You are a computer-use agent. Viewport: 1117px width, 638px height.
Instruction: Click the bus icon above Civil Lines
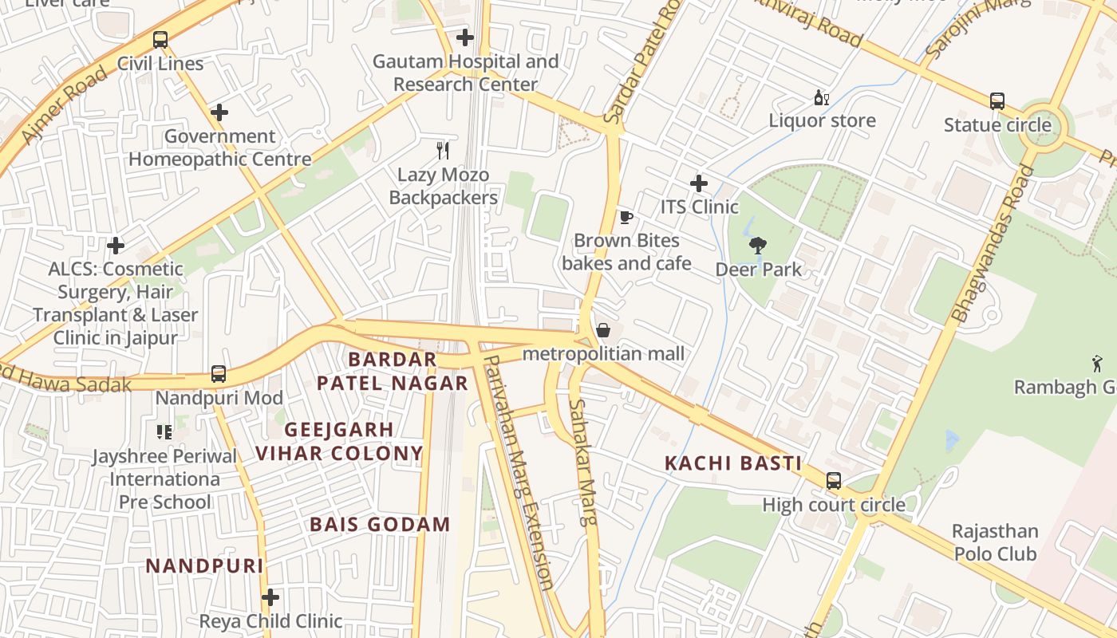pos(160,39)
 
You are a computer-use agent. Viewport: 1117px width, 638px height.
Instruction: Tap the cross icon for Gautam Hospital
pos(464,37)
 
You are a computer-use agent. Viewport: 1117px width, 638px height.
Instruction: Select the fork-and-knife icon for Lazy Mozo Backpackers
pos(443,150)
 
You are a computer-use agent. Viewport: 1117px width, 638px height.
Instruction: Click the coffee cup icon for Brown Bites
pos(626,217)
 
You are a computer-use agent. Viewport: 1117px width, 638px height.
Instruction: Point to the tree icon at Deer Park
pos(758,246)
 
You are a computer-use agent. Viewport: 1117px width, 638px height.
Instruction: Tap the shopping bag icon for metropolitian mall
pos(603,330)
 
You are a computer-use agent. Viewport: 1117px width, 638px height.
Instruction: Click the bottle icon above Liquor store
pos(821,97)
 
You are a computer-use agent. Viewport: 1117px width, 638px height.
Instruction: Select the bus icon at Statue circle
pos(997,101)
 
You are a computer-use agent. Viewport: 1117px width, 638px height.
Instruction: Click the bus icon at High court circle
pos(833,481)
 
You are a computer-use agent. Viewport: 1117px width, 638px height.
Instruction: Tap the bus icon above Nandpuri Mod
pos(218,373)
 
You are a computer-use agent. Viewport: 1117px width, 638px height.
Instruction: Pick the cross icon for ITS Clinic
pos(699,183)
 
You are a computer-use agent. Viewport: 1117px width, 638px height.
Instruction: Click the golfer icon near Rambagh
pos(1097,364)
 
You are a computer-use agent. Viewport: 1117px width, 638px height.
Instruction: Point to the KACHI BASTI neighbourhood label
pos(732,463)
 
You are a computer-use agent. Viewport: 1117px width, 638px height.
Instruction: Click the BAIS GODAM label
pos(380,525)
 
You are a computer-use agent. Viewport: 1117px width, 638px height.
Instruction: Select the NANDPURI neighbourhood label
pos(204,566)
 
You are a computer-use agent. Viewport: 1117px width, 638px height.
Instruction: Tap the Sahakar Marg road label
pos(582,463)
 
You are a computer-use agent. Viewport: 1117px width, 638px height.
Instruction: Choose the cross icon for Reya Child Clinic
pos(270,597)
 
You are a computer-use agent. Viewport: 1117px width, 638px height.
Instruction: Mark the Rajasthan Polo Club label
pos(995,542)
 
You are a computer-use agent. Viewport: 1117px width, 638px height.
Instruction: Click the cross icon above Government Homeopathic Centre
pos(219,112)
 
